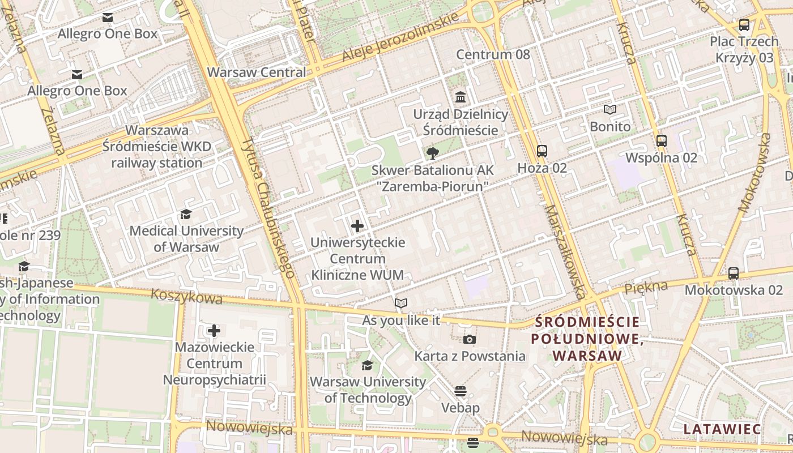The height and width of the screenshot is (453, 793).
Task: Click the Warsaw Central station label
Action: (x=256, y=72)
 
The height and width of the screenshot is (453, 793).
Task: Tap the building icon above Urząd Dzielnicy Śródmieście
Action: (x=461, y=97)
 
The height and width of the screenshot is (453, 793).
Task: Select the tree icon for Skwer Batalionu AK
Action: (x=433, y=153)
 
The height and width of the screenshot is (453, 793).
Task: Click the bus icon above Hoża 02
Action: (x=542, y=151)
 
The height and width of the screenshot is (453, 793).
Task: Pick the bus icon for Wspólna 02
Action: (x=661, y=141)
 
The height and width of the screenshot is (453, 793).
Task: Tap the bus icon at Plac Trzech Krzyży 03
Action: (x=744, y=25)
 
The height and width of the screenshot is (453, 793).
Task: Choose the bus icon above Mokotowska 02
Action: (x=734, y=273)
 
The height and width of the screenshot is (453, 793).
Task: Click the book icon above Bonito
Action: (x=610, y=110)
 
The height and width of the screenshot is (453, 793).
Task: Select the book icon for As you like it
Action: (x=401, y=304)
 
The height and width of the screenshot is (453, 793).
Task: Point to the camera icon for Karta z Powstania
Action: (x=470, y=340)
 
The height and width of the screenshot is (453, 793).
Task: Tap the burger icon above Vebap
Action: (x=461, y=391)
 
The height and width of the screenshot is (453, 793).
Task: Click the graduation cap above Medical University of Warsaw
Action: (x=186, y=214)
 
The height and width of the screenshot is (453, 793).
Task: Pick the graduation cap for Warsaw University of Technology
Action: (x=367, y=365)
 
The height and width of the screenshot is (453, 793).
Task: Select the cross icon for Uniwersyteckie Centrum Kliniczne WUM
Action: (x=357, y=226)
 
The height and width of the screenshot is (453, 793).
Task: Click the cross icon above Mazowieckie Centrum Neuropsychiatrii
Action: (x=214, y=331)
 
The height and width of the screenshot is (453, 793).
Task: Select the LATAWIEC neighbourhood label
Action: (x=722, y=429)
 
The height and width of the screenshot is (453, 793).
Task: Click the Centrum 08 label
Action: (x=493, y=54)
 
